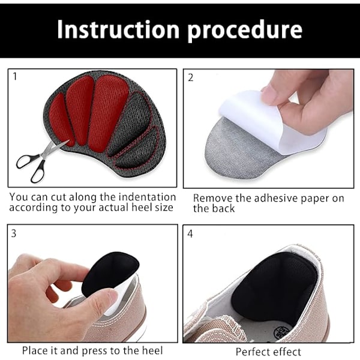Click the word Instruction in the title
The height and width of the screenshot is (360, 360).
click(118, 29)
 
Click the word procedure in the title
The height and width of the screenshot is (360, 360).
click(245, 31)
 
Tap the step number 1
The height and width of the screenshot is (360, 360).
click(15, 76)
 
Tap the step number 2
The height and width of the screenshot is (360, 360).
click(191, 78)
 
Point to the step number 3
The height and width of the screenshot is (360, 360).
click(14, 233)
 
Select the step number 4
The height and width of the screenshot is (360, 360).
click(190, 234)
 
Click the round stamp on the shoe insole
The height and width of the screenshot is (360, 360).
click(282, 332)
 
